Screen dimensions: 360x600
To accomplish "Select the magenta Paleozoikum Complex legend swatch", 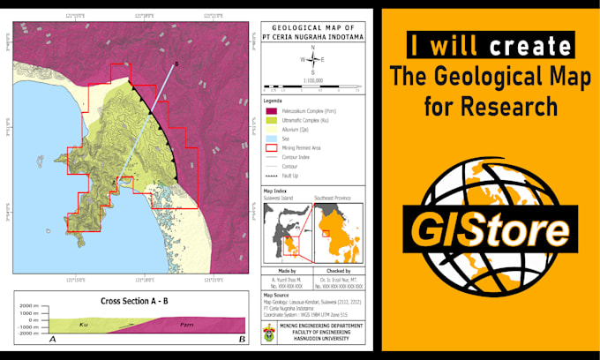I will pos(269,111).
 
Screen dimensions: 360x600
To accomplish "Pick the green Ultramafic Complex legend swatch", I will pos(269,120).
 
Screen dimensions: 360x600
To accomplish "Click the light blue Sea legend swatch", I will pos(269,139).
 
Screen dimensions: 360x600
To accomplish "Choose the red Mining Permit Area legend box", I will pos(269,147).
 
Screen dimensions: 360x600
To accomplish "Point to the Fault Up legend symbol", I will pos(269,176).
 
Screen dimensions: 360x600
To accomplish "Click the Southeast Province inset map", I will pos(341,228).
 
